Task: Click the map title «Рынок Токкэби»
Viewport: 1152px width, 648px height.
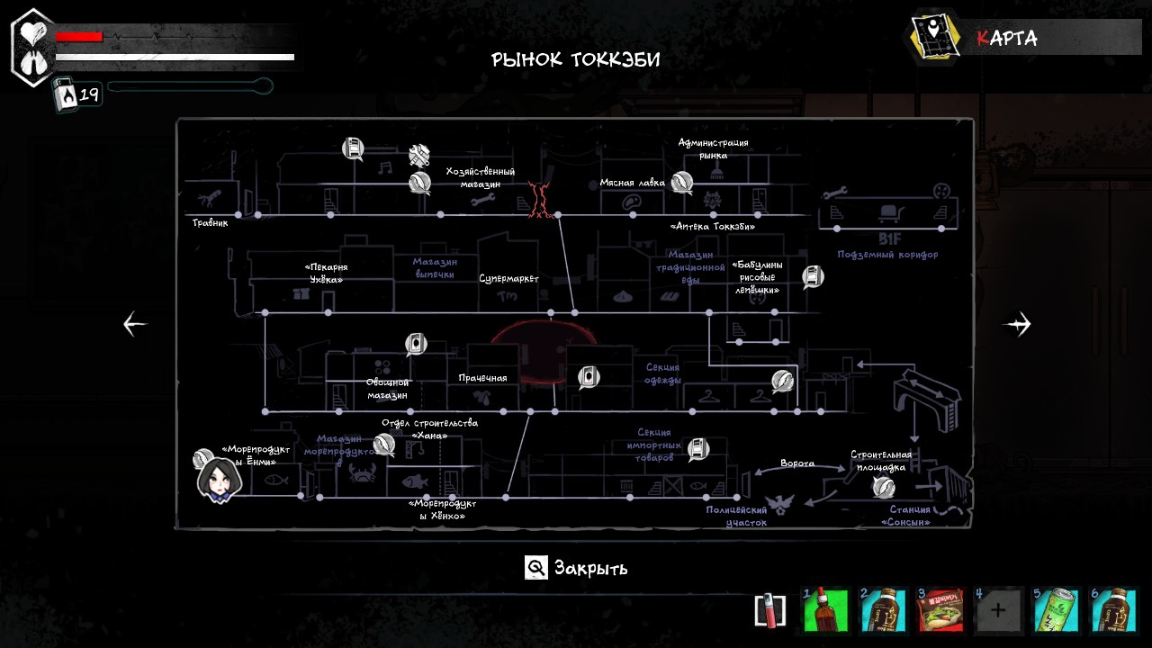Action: [x=576, y=60]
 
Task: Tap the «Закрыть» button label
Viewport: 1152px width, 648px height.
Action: [x=590, y=568]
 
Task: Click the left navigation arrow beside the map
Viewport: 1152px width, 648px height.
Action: [x=135, y=324]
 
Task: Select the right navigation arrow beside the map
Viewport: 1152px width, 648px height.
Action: [x=1017, y=324]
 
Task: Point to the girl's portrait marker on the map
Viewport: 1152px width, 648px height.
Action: [x=219, y=479]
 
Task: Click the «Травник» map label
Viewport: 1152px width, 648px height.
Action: [x=210, y=222]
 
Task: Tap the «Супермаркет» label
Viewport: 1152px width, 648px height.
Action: [x=508, y=278]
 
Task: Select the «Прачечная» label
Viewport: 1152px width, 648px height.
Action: [x=482, y=378]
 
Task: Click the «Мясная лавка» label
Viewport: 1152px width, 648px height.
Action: [x=633, y=183]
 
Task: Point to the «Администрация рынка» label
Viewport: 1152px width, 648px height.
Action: [x=713, y=148]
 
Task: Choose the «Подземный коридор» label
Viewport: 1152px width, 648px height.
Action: [x=887, y=255]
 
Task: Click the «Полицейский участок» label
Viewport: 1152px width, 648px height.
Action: [x=736, y=516]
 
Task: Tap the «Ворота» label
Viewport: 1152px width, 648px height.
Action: [x=797, y=463]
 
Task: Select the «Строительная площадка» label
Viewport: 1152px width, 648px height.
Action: [x=881, y=461]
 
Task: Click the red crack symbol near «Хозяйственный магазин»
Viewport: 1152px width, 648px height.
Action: [x=540, y=199]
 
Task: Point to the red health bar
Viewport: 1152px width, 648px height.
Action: [x=79, y=37]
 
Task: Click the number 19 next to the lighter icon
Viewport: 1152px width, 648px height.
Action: [x=89, y=94]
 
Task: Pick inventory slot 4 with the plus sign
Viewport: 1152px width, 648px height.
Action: [x=997, y=610]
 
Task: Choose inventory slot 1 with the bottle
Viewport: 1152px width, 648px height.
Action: [x=825, y=610]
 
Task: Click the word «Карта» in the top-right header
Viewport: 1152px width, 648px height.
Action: [x=1007, y=38]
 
